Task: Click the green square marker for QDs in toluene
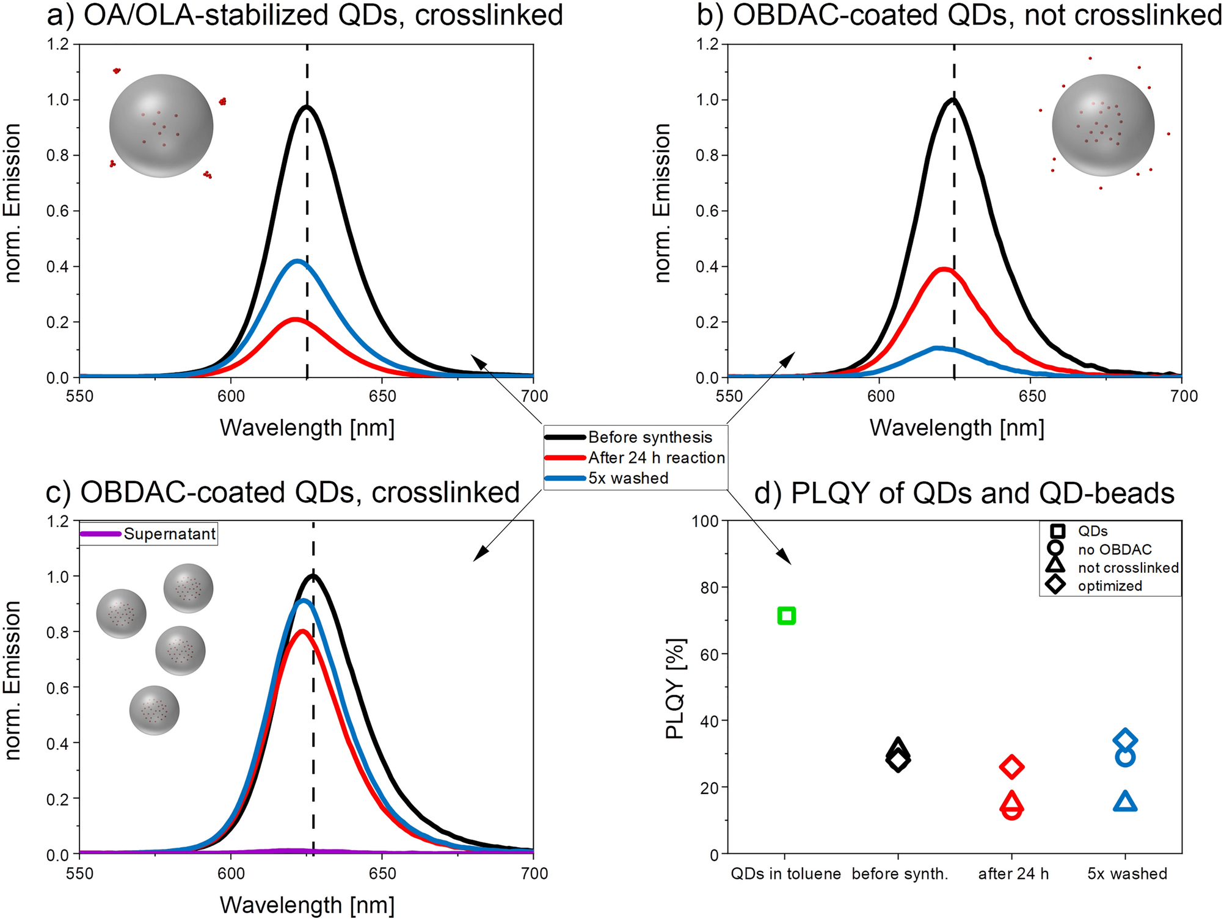[x=786, y=616]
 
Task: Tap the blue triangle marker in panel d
[x=1125, y=801]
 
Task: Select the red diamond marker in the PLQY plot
[x=1011, y=766]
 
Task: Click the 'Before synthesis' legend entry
[x=650, y=437]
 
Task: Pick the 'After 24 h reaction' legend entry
[x=656, y=458]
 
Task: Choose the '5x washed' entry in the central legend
[x=628, y=478]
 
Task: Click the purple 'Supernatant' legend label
[x=169, y=534]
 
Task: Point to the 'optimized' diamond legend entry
[x=1109, y=586]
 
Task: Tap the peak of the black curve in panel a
[x=307, y=107]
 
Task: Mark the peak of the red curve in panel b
[x=944, y=269]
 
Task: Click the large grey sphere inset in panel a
[x=161, y=126]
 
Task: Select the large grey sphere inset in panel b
[x=1103, y=125]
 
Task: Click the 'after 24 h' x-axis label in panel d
[x=1013, y=874]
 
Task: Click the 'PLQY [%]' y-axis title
[x=676, y=688]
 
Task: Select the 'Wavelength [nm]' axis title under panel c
[x=307, y=905]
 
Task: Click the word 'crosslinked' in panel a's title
[x=489, y=15]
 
